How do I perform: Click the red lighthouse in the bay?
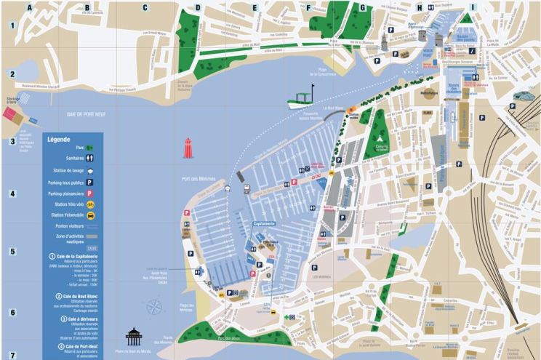pos(189,148)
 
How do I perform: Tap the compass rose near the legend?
pos(154,307)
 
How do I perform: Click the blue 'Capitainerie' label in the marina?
pos(263,223)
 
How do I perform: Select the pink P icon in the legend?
pos(90,193)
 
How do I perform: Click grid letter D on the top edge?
pos(197,8)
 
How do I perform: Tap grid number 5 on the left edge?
pos(12,252)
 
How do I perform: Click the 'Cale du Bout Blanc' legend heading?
pos(76,296)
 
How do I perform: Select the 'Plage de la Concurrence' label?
pos(326,73)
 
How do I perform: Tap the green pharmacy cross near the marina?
pos(289,317)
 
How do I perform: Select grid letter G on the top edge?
pos(362,8)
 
